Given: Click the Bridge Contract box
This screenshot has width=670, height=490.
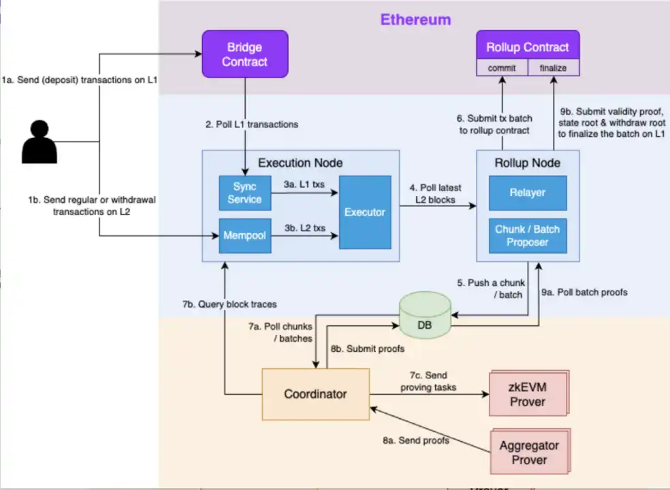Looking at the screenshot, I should [244, 54].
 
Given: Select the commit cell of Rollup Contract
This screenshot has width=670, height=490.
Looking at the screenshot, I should [501, 68].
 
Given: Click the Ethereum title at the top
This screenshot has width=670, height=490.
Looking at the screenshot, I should [415, 19].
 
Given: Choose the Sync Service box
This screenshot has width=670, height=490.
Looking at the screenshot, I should [244, 193].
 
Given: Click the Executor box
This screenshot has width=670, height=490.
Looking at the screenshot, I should [365, 212].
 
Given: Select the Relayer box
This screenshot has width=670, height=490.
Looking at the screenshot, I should [528, 193].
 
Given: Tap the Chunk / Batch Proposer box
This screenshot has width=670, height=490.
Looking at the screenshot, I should [528, 235].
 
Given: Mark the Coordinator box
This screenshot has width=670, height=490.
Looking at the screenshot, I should [315, 393].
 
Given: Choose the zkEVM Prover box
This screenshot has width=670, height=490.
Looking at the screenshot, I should [528, 395].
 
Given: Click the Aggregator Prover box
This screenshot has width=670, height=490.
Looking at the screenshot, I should [529, 453].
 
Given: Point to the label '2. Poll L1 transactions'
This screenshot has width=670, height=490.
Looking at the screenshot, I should [252, 125].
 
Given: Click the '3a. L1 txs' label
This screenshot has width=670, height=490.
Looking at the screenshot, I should [304, 184].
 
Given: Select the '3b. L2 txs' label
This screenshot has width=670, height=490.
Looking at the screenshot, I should [304, 228].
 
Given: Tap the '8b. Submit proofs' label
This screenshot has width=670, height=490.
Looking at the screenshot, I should [368, 348].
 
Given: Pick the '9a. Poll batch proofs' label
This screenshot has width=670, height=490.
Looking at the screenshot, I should [584, 292].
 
